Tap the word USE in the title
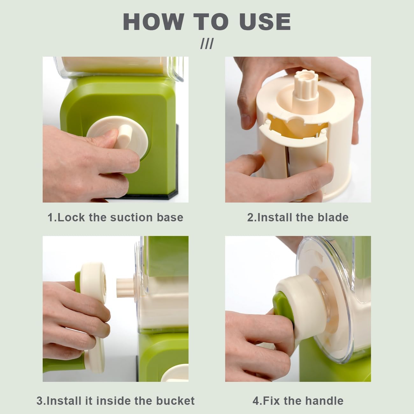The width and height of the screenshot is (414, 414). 265,22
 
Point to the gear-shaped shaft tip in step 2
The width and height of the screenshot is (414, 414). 300,79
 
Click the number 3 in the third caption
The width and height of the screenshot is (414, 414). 39,400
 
